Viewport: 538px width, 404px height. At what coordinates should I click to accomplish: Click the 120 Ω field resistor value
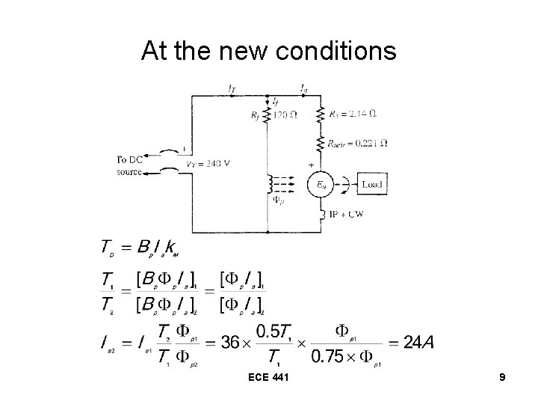285,114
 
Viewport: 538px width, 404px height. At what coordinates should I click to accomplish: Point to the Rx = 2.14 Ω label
354,114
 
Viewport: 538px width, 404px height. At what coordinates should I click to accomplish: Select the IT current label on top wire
232,88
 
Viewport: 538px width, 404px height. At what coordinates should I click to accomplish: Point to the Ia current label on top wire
303,88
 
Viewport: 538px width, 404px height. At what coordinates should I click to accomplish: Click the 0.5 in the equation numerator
270,330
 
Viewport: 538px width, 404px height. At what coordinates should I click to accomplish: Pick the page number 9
502,379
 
